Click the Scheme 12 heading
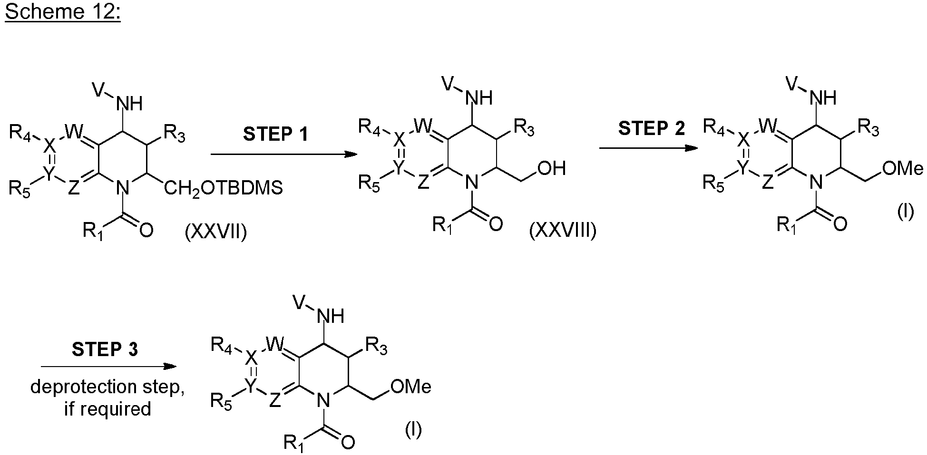click(x=63, y=11)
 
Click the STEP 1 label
click(x=275, y=134)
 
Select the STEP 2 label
click(x=651, y=128)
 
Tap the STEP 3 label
click(x=105, y=350)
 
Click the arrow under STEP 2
click(x=648, y=148)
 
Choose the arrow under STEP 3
click(x=108, y=367)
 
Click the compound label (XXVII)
click(x=216, y=233)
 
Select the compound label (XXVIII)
click(x=563, y=231)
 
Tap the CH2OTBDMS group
click(x=224, y=189)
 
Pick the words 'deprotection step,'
click(x=107, y=387)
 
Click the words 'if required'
click(x=107, y=409)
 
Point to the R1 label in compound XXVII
click(x=93, y=232)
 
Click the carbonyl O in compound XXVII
click(x=146, y=231)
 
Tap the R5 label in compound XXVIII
click(x=369, y=183)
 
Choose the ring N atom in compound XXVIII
click(x=471, y=181)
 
